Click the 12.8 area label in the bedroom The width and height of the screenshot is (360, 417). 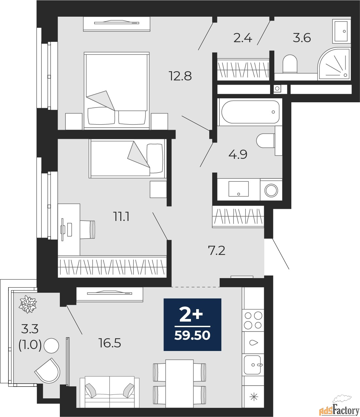pyautogui.click(x=180, y=76)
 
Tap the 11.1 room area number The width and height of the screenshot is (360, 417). pyautogui.click(x=122, y=217)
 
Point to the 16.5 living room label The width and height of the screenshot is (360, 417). pyautogui.click(x=110, y=343)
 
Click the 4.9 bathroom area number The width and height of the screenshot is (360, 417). pyautogui.click(x=238, y=155)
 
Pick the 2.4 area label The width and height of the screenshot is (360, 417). pyautogui.click(x=243, y=38)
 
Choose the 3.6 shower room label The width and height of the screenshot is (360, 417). pyautogui.click(x=302, y=38)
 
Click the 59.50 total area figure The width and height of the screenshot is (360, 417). pyautogui.click(x=192, y=336)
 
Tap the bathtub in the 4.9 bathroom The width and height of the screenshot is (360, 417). pyautogui.click(x=250, y=112)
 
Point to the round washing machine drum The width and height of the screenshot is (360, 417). pyautogui.click(x=271, y=190)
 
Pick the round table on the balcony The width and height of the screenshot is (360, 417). pyautogui.click(x=51, y=346)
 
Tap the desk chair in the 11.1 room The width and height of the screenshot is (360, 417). pyautogui.click(x=87, y=230)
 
